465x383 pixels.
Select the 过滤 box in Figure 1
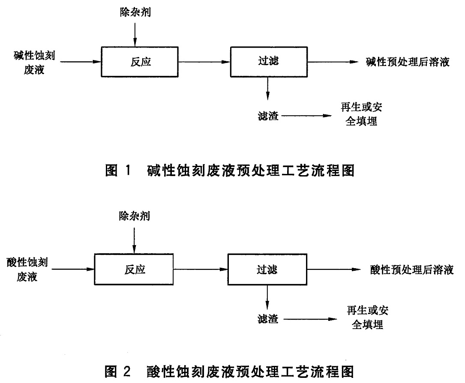click(x=269, y=61)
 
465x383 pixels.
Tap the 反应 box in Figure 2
click(x=135, y=269)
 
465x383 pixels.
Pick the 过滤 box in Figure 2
click(x=267, y=269)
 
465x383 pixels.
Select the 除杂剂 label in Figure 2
click(x=135, y=217)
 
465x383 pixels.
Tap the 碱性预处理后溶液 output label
click(x=407, y=62)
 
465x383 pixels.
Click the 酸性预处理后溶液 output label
click(x=412, y=270)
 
